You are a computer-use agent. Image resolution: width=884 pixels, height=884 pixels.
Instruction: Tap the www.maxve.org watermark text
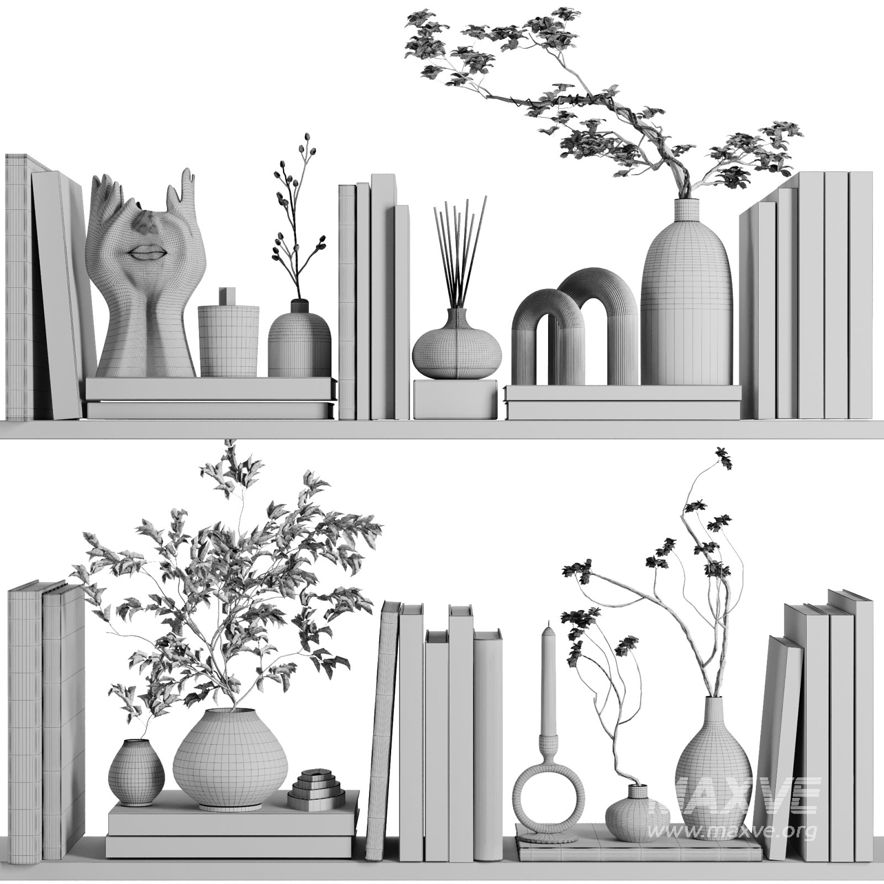(732, 832)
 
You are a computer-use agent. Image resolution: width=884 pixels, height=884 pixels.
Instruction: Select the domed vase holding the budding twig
(299, 339)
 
